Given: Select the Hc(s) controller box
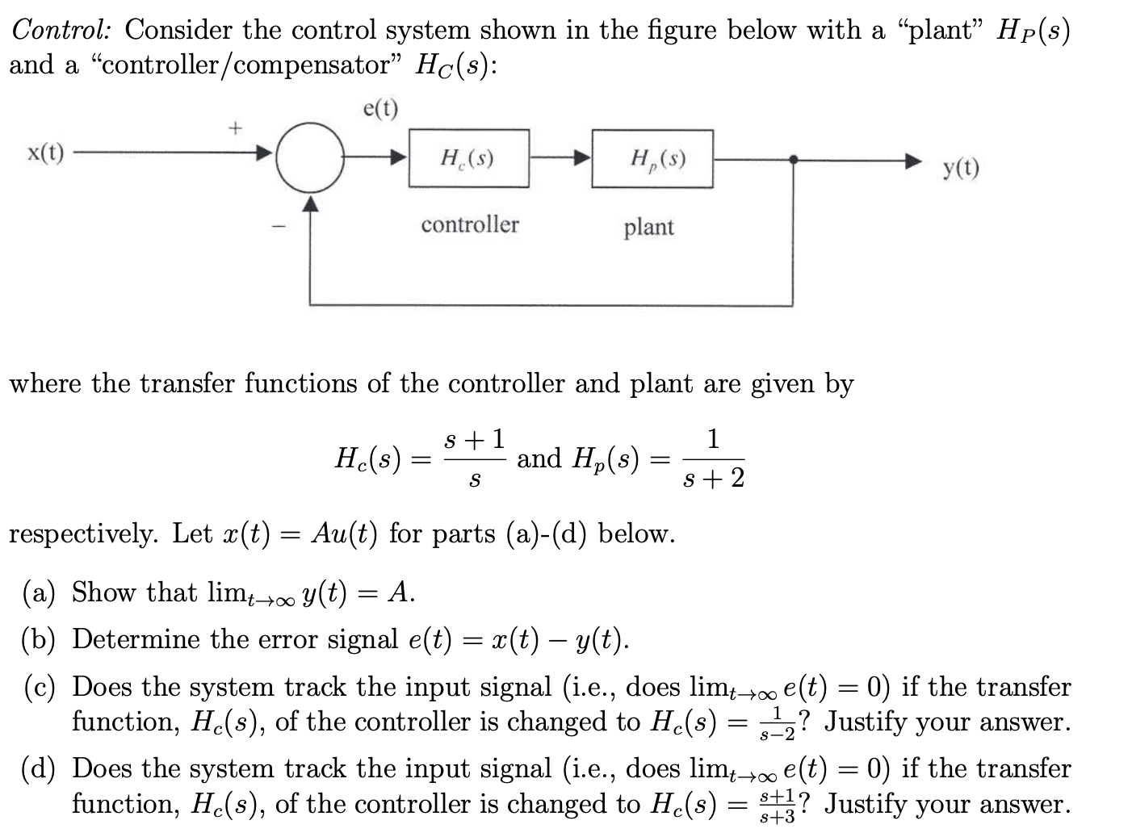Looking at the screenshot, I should coord(468,159).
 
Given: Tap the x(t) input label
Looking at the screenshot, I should coord(45,153).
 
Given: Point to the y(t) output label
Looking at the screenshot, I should coord(961,169).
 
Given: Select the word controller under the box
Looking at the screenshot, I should coord(469,224).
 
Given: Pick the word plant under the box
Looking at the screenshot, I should coord(648,227).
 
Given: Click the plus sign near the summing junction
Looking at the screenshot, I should coord(234,127).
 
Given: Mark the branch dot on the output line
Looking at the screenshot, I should coord(794,159).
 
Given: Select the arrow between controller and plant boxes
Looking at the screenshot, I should coord(560,159).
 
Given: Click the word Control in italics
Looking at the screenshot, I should coord(61,30).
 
